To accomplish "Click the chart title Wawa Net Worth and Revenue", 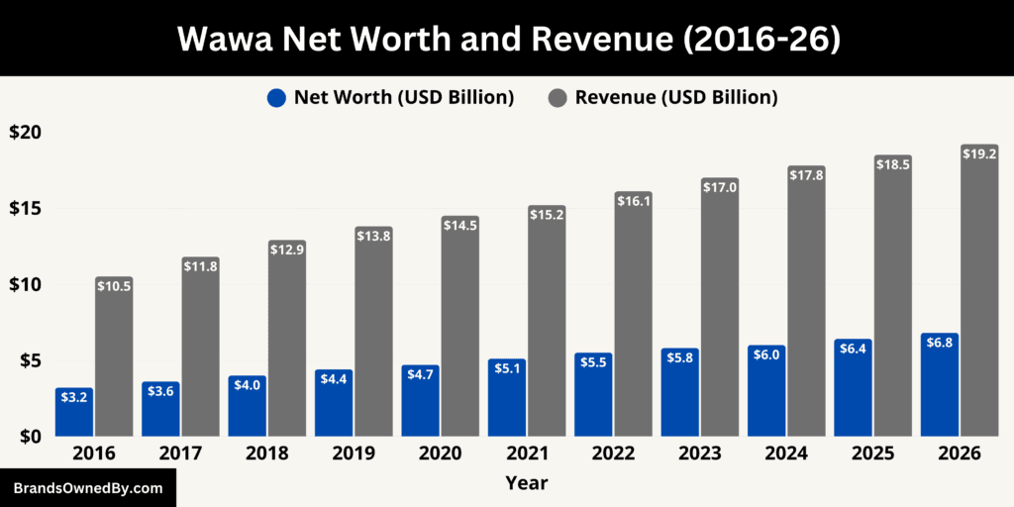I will click(507, 39).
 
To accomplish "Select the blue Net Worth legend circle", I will click(276, 97).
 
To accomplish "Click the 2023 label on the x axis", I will click(701, 454).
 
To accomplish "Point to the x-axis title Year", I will click(526, 483).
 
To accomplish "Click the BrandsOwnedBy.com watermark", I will click(87, 488).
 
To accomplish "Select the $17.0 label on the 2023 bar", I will click(720, 188).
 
